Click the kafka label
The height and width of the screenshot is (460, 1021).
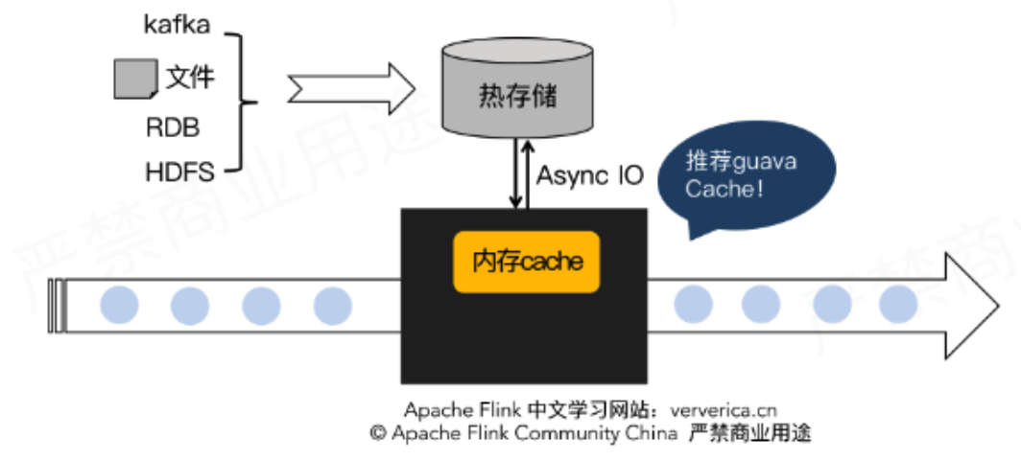click(x=177, y=25)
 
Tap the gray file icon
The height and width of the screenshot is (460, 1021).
click(x=135, y=78)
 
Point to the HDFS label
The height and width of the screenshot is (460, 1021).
click(x=179, y=173)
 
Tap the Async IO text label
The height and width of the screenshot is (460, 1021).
click(x=590, y=176)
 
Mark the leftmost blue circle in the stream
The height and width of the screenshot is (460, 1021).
click(x=119, y=305)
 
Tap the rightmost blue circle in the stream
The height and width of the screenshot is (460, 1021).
click(x=899, y=304)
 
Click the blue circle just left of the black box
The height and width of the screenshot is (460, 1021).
click(x=333, y=305)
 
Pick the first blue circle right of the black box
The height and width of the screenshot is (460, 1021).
click(x=693, y=304)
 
